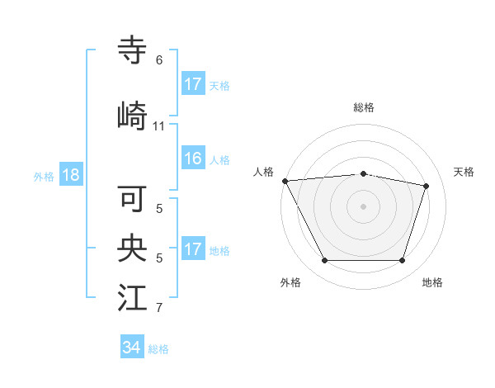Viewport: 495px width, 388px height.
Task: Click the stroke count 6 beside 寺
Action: pos(159,60)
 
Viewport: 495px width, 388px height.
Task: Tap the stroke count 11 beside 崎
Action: pos(159,125)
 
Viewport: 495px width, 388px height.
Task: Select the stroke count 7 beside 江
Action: pos(159,308)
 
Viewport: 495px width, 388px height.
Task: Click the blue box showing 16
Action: pos(193,159)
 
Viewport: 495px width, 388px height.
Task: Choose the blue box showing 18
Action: pos(70,175)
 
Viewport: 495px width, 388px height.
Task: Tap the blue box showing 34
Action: pos(132,348)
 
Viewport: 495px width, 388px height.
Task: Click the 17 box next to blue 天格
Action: pos(193,84)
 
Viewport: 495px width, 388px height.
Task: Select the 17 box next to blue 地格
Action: pos(193,249)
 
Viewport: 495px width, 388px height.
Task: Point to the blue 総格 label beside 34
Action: pos(158,349)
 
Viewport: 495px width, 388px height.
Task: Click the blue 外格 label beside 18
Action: pos(44,177)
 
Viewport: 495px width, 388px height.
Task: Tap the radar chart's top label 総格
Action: pos(363,107)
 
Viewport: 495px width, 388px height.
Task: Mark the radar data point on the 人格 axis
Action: pos(285,181)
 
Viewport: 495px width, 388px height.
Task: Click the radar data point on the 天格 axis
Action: pos(426,186)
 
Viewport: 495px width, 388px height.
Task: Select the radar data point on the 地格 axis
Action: pos(402,261)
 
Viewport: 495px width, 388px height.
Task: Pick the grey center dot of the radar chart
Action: pos(363,206)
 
